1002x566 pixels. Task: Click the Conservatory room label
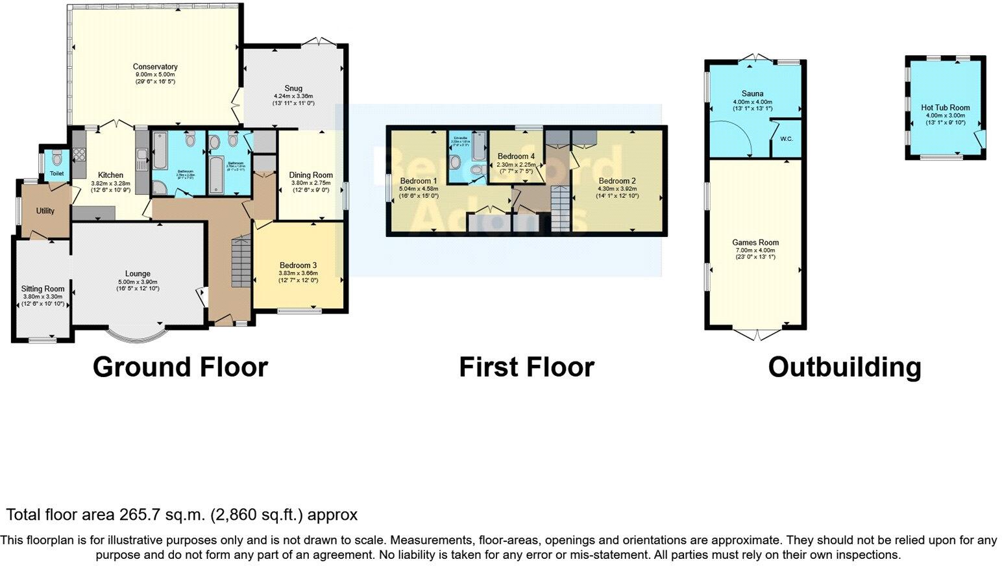(x=155, y=67)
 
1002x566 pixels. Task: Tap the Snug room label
(x=293, y=89)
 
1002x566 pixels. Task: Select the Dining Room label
(x=311, y=175)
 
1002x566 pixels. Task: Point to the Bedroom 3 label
(x=298, y=265)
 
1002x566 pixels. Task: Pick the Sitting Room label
(x=43, y=289)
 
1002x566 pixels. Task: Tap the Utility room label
(x=45, y=211)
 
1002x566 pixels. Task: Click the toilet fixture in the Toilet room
(x=56, y=158)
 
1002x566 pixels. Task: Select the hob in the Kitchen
(x=80, y=154)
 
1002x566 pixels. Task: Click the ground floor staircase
(x=240, y=260)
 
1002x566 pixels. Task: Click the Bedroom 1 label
(x=419, y=181)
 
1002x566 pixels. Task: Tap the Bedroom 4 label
(x=516, y=156)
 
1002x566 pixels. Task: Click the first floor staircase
(x=560, y=208)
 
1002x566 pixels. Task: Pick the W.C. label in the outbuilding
(x=787, y=138)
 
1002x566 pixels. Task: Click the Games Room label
(x=755, y=243)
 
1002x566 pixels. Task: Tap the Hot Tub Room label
(x=945, y=108)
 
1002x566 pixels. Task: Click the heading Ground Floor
(x=180, y=367)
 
